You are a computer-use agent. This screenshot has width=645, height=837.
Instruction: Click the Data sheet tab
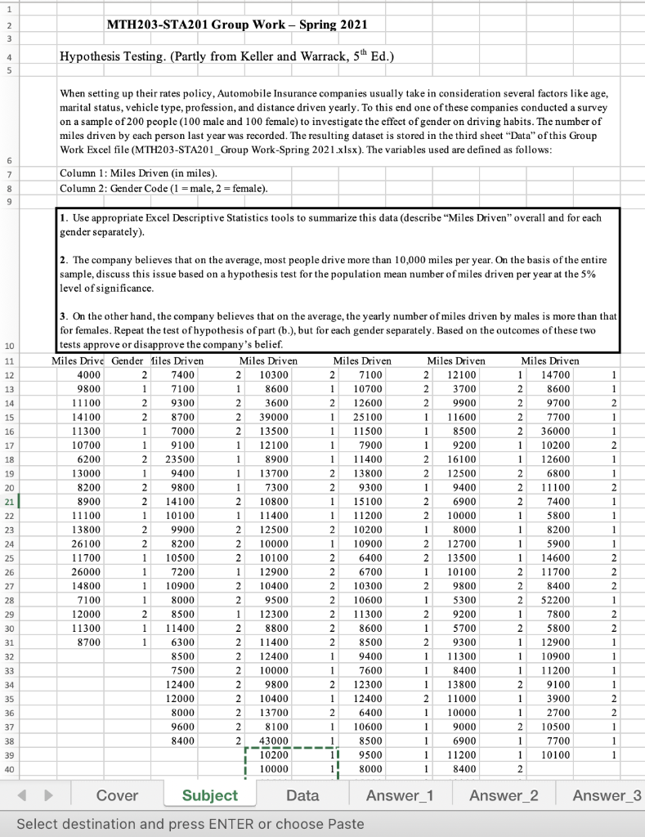pos(302,794)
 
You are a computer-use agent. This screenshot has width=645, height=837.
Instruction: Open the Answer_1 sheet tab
pos(400,794)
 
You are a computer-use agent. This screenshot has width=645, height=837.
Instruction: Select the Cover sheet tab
pos(117,794)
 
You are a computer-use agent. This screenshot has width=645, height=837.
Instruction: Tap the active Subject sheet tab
pos(209,794)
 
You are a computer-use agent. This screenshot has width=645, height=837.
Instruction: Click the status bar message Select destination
pos(190,824)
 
